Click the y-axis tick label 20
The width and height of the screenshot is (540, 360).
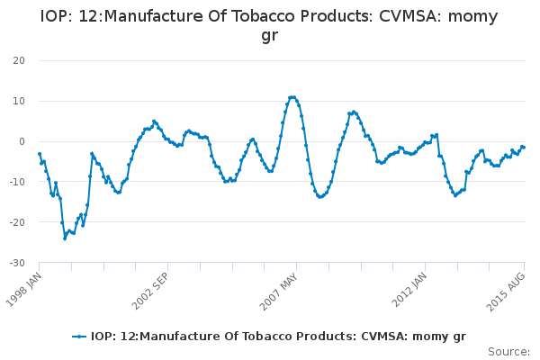18,60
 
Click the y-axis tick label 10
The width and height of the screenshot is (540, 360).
18,101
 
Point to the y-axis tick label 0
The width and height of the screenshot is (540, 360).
21,141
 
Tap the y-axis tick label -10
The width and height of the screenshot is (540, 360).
16,182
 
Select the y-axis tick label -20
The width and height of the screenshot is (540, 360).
16,222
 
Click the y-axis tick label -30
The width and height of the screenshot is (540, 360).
16,263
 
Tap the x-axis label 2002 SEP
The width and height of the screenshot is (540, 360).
152,291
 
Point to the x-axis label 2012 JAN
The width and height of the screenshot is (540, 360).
410,291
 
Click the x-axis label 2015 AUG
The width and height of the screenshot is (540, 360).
508,291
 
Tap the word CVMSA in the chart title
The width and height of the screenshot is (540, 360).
414,16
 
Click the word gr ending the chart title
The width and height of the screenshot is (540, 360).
269,36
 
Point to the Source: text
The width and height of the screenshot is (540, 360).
508,351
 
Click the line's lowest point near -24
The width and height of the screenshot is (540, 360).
65,238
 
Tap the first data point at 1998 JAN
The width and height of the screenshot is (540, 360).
39,154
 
